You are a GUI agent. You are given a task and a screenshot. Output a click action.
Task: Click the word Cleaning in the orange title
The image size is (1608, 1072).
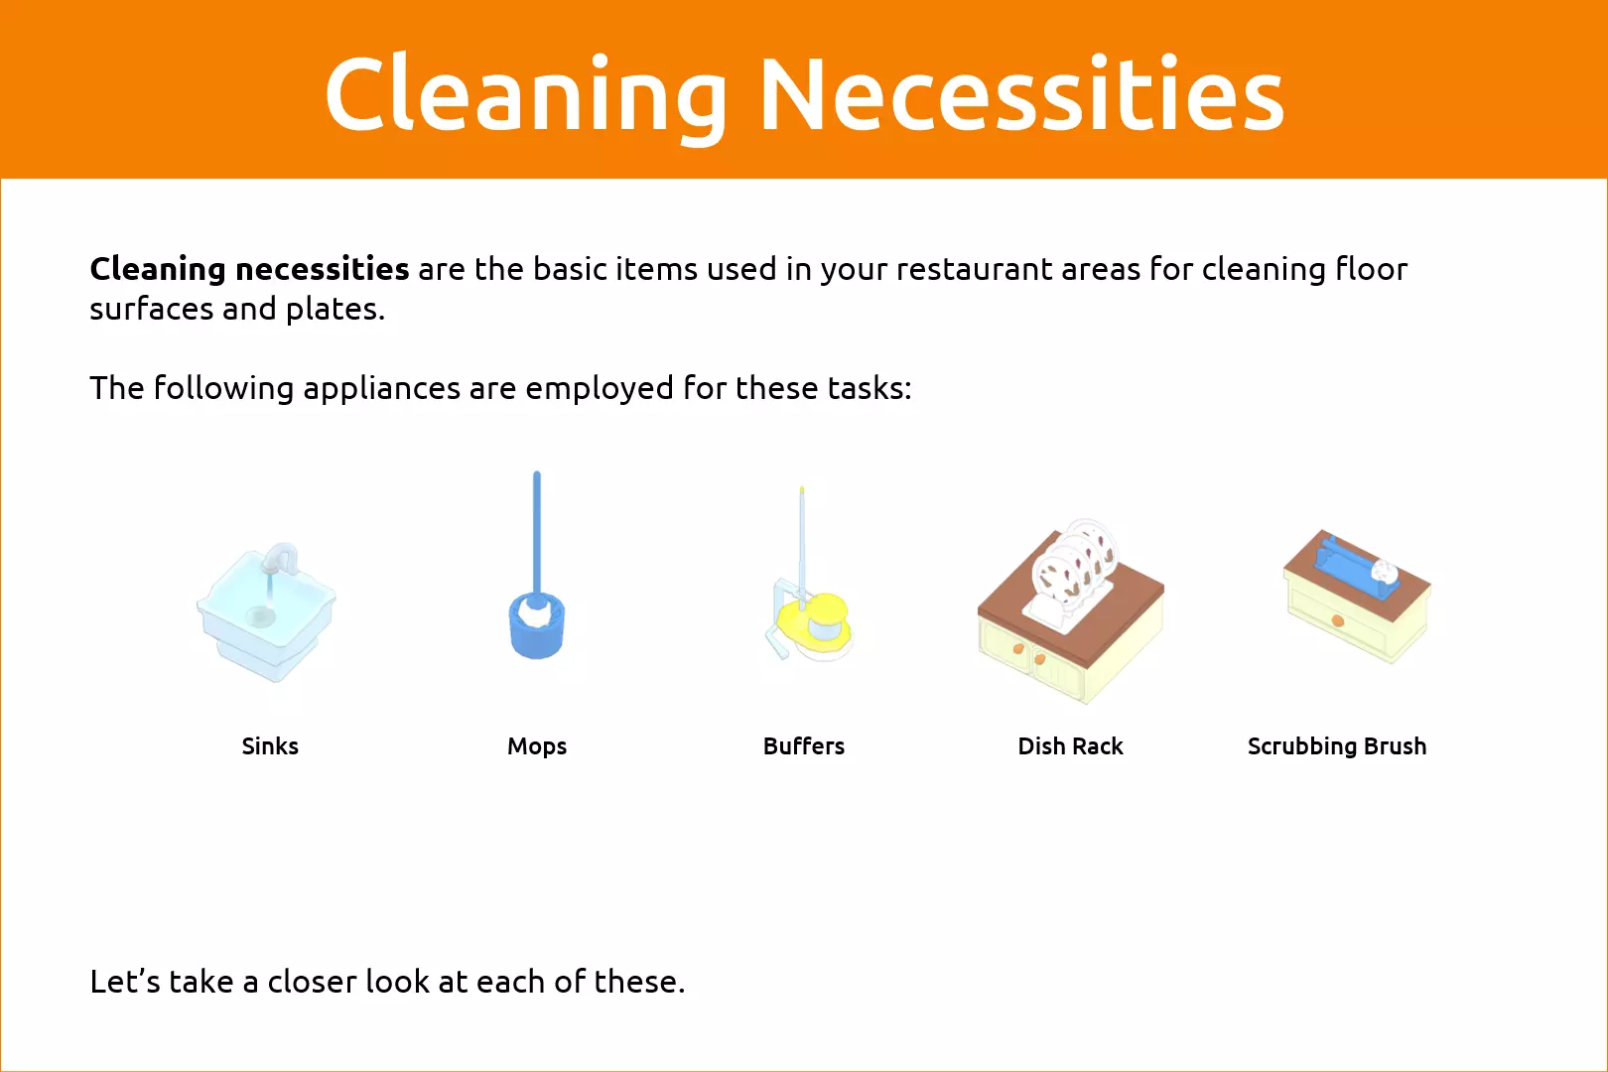click(525, 94)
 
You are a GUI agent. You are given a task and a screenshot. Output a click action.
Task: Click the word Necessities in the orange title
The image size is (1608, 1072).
click(1021, 94)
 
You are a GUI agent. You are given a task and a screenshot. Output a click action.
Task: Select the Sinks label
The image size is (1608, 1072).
click(270, 746)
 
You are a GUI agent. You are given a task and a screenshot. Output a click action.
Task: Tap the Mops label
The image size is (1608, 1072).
click(537, 747)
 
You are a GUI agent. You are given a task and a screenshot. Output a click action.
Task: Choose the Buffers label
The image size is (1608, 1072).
click(804, 746)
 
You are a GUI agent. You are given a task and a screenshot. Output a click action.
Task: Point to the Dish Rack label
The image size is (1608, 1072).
click(1070, 746)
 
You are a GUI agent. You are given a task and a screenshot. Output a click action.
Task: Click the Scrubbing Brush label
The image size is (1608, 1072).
click(1337, 747)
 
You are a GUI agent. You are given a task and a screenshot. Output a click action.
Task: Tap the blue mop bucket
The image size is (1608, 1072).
click(537, 625)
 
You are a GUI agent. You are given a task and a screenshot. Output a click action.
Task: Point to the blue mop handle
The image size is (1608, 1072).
click(536, 535)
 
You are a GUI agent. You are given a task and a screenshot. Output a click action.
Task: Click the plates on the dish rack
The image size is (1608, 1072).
click(1074, 565)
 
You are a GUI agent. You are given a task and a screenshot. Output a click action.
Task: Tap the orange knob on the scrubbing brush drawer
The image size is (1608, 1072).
click(1337, 621)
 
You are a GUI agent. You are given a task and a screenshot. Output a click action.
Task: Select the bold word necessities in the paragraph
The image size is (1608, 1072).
click(322, 269)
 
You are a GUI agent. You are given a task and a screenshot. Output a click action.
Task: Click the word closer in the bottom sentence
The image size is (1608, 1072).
click(313, 983)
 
